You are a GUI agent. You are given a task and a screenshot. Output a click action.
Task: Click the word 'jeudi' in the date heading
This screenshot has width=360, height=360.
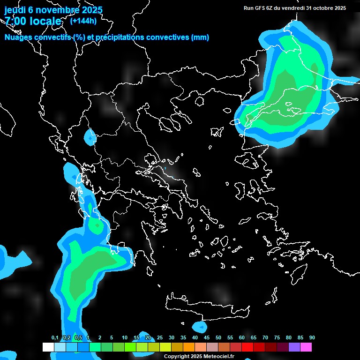(15, 10)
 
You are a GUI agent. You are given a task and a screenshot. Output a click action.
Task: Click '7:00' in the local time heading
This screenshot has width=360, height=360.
(16, 21)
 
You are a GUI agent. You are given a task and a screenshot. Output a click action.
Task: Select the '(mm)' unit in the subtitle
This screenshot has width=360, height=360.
(200, 37)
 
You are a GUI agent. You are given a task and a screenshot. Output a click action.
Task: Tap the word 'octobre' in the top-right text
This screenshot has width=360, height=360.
(320, 8)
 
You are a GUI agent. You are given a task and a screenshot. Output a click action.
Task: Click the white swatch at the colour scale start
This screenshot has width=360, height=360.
(48, 347)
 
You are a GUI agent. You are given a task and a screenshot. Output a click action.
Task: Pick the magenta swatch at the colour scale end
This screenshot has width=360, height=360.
(306, 347)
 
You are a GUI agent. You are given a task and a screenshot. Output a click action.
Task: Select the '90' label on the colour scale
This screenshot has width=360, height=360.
(312, 338)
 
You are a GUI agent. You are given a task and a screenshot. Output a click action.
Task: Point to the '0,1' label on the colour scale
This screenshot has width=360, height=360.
(55, 338)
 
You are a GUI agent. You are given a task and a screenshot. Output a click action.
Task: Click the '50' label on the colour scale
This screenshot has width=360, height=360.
(218, 338)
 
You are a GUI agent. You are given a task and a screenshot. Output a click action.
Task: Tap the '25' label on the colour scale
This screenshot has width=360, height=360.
(160, 338)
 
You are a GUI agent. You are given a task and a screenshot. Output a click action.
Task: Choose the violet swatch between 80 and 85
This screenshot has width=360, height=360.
(294, 347)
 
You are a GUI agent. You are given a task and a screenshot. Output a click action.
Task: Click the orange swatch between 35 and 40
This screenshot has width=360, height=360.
(189, 347)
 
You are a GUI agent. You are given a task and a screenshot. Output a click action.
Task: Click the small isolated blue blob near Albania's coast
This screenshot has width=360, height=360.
(90, 137)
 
